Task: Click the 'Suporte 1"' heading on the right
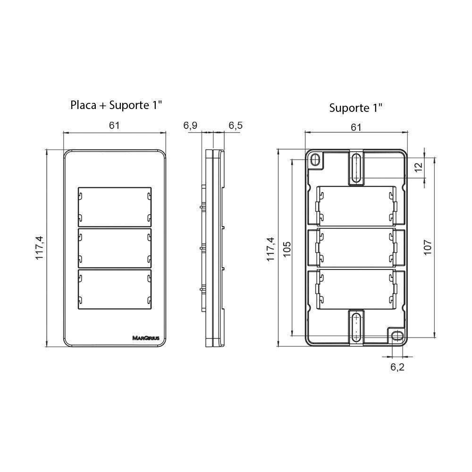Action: point(355,108)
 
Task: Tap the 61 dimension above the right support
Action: point(356,127)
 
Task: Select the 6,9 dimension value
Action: point(190,126)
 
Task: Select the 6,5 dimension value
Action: point(236,126)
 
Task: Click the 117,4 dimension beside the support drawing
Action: point(270,249)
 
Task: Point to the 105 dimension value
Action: point(287,249)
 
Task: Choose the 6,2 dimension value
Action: point(397,367)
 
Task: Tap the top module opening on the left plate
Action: point(115,206)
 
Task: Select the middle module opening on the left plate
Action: point(115,247)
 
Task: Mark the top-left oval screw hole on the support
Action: point(315,161)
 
